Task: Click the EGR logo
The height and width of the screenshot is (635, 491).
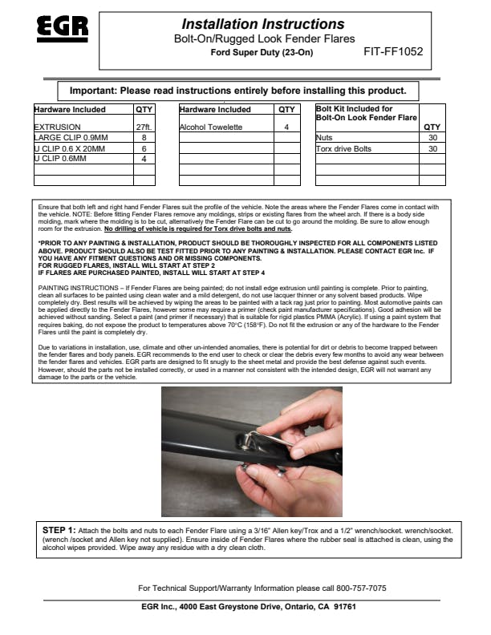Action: click(62, 30)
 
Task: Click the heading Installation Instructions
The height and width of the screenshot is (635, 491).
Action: click(262, 24)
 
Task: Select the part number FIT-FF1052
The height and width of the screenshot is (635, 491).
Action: click(393, 52)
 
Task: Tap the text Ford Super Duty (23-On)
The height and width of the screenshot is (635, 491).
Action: click(261, 53)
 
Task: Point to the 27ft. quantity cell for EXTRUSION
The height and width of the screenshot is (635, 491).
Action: click(144, 127)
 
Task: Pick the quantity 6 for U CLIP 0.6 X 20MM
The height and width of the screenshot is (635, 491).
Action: click(144, 148)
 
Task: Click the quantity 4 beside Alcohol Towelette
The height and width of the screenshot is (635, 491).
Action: click(286, 127)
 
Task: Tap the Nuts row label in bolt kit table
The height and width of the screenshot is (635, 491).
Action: click(324, 138)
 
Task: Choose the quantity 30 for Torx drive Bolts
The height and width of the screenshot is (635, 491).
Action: click(432, 148)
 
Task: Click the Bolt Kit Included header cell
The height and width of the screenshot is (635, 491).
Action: click(367, 113)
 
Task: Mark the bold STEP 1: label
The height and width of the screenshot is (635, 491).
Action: click(59, 530)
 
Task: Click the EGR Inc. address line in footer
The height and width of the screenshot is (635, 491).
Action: click(249, 606)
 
